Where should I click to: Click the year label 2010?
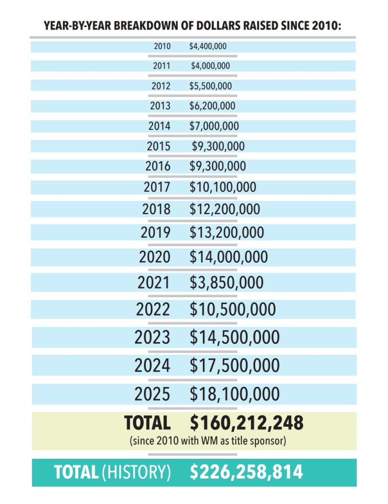pos(162,46)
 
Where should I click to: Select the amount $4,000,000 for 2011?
pos(210,66)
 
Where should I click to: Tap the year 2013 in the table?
pos(161,106)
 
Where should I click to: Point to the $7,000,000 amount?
pos(214,126)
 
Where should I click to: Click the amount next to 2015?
pos(218,146)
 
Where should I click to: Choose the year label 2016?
pos(158,166)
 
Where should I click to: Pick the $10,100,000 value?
pos(222,187)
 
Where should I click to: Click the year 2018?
pos(157,209)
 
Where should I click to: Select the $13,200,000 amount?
pos(226,232)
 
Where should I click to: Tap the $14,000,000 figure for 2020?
pos(228,257)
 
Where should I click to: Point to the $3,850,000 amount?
pos(226,283)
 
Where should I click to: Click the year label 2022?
pos(153,310)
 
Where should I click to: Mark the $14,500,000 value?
pos(234,337)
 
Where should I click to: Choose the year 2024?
pos(152,366)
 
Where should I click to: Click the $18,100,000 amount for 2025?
pos(234,394)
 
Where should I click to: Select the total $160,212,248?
pos(247,422)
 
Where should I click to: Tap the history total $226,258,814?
pos(247,472)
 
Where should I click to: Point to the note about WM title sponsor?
pos(208,441)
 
